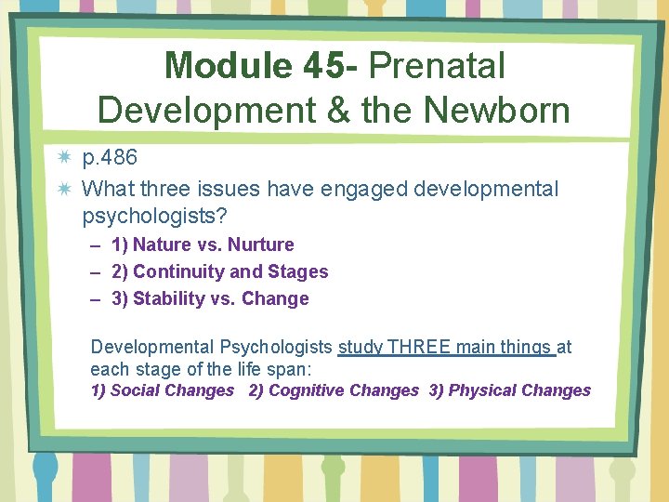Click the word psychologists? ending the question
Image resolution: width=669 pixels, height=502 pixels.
click(x=155, y=216)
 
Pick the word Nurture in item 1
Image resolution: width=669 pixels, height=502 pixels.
click(x=261, y=245)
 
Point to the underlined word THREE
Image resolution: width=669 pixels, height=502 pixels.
click(x=418, y=348)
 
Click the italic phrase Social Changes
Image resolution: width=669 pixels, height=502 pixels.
click(x=172, y=390)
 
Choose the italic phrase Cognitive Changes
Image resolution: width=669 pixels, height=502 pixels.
click(x=343, y=390)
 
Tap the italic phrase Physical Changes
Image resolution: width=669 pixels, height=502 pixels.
click(x=519, y=390)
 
